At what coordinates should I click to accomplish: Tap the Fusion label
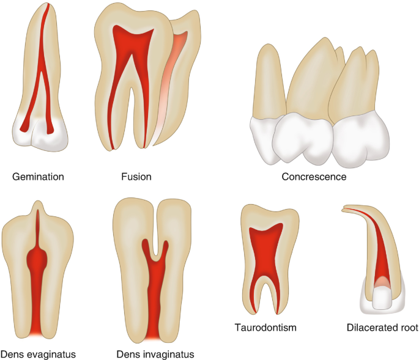coord(136,177)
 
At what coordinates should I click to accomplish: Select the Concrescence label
coord(314,177)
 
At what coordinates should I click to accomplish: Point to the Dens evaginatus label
coord(39,354)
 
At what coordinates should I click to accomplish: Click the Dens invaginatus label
coord(155,354)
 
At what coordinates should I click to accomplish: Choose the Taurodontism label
coord(265,328)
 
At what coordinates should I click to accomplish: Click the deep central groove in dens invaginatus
coord(157,244)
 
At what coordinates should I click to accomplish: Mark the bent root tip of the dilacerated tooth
coord(346,210)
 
